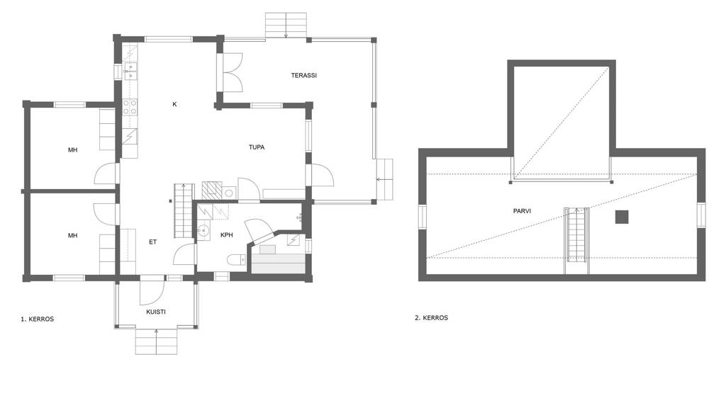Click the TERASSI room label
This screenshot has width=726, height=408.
pos(303,75)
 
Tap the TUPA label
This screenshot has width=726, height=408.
pos(257,147)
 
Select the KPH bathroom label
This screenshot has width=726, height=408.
pos(226,235)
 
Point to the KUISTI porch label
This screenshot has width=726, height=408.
pos(156,312)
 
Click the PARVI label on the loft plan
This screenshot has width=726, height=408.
pos(522,211)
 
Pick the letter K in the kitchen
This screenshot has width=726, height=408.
pos(174,105)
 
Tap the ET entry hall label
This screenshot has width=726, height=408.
pos(153,242)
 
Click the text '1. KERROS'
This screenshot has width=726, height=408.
pos(37,319)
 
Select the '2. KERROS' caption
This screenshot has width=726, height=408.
pos(431,318)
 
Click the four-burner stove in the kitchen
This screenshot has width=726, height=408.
pos(130,107)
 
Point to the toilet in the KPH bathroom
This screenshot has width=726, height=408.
pos(237,261)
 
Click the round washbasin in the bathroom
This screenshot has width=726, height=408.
pos(203,231)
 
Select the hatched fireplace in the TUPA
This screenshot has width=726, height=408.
pos(211,191)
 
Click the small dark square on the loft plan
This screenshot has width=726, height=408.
pos(622,217)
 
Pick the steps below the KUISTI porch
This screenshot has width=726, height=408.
pos(156,341)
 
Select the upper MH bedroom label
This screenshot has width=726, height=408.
pos(73,150)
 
